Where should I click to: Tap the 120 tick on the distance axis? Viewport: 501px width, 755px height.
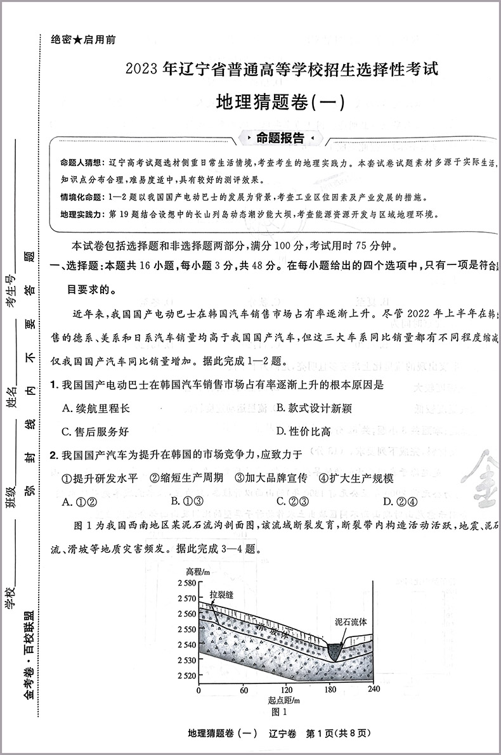pos(287,690)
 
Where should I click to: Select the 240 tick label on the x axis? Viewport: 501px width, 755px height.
pos(374,690)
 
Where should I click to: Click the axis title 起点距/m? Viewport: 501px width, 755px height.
pos(283,700)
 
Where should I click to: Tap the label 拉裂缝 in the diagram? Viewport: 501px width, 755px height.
pos(222,595)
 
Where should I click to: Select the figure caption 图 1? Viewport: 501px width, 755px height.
pos(284,711)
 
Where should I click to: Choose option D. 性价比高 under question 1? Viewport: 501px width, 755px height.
pos(304,432)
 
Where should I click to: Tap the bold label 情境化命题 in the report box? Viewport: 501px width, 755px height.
pos(81,197)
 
